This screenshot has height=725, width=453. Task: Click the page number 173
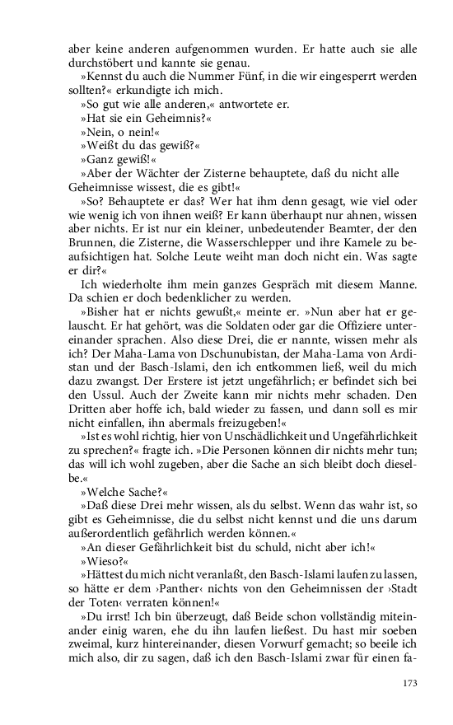pos(410,683)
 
